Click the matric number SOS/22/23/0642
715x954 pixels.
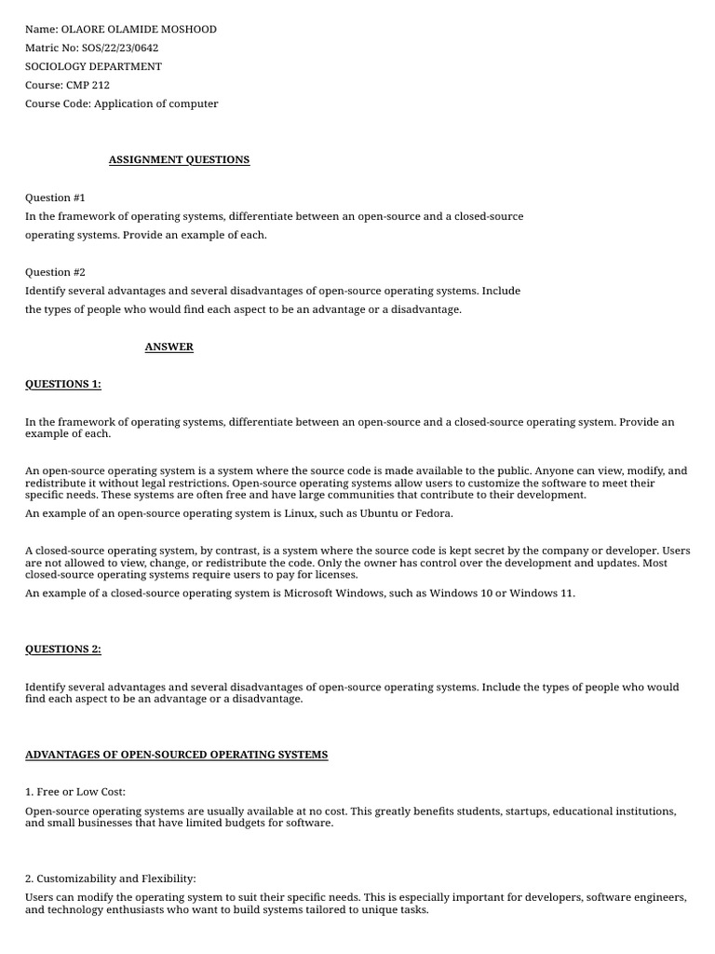tap(120, 48)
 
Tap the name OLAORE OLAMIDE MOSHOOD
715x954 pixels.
tap(139, 29)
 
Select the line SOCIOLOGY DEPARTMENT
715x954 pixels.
tap(93, 66)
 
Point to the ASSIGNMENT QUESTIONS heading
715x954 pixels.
tap(179, 159)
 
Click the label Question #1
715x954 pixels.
tap(55, 198)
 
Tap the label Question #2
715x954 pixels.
tap(55, 272)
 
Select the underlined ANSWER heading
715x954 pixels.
tap(169, 347)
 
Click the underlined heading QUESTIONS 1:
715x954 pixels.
tap(63, 384)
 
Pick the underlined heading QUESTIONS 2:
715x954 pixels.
tap(63, 649)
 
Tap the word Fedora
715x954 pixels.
tap(432, 513)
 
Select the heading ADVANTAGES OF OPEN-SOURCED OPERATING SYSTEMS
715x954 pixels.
tap(176, 754)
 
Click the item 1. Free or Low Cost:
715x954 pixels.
tap(75, 792)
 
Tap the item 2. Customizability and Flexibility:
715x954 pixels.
tap(111, 879)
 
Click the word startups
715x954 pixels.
tap(525, 811)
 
